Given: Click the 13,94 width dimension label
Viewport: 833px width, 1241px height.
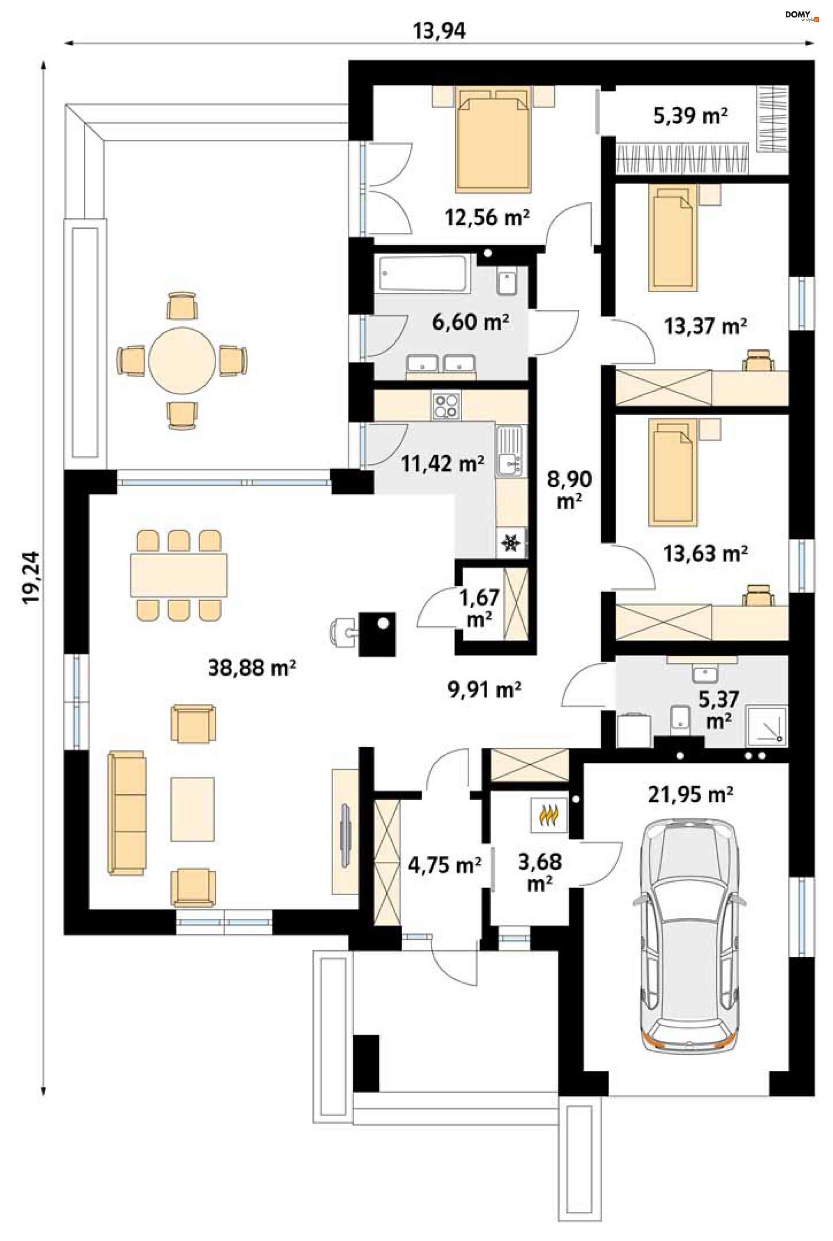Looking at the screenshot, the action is click(439, 31).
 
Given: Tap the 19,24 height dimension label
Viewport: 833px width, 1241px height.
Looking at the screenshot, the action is click(31, 578).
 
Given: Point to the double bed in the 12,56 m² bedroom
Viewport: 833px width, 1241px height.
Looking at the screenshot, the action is click(494, 139).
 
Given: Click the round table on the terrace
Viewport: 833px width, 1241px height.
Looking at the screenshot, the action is click(182, 361).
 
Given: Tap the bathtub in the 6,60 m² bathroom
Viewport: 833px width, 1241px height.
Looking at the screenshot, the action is click(423, 273).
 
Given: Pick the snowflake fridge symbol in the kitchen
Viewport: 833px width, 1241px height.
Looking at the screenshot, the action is click(511, 543).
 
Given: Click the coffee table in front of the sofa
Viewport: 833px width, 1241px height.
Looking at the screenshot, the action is click(192, 810).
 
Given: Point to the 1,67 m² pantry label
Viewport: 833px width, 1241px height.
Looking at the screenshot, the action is click(479, 608).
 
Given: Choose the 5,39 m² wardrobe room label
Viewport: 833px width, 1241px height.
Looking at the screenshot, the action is click(690, 116).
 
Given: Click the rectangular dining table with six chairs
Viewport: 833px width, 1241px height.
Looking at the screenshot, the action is click(178, 575).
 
